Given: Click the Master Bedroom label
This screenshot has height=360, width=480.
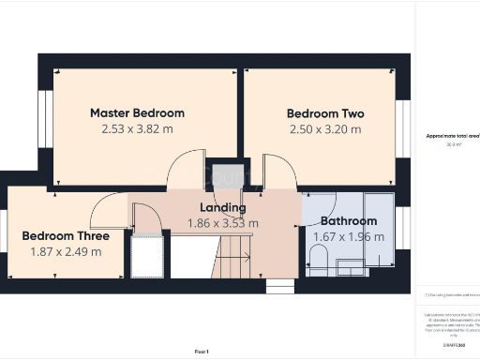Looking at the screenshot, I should (137, 112).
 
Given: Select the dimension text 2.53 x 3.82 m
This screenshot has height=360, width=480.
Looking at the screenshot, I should (137, 129).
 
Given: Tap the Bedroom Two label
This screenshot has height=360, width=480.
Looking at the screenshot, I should (324, 113).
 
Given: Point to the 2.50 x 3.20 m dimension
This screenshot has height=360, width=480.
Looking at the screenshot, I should (324, 129).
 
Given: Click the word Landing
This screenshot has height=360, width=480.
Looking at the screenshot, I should (223, 207).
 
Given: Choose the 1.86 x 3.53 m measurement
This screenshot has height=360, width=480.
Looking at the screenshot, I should (223, 223).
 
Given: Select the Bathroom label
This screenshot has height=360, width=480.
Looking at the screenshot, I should (348, 221).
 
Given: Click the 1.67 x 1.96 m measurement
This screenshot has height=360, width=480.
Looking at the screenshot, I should (348, 237).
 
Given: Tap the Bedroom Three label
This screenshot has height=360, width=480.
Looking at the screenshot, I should (61, 235).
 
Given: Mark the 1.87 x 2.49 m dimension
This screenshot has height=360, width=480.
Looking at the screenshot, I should (62, 251).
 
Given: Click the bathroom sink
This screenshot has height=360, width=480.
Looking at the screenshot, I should (350, 267).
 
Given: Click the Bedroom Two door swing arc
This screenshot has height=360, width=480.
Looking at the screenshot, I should (278, 171).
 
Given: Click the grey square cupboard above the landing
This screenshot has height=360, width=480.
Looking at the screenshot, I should (224, 174).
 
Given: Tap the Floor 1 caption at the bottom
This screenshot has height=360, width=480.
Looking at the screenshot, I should (202, 350).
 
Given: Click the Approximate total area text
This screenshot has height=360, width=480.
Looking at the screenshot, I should (453, 136).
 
